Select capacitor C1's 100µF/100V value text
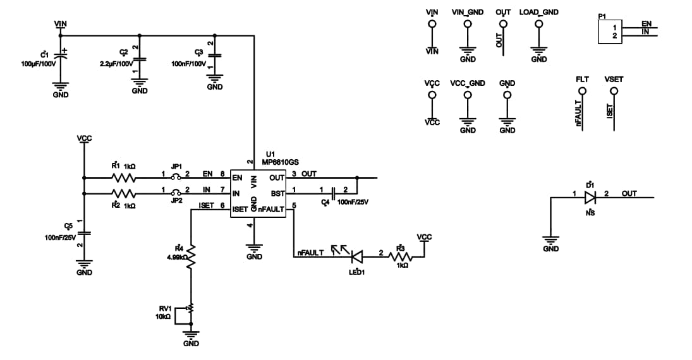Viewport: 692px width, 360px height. point(39,64)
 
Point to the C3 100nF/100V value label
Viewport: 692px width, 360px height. point(189,64)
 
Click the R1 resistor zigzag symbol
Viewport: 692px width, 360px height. point(124,177)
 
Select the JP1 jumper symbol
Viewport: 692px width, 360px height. point(177,177)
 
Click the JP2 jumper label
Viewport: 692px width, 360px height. point(177,200)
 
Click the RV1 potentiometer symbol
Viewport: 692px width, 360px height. point(190,308)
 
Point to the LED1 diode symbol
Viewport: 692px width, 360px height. point(356,256)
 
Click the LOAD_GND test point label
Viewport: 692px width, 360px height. point(538,12)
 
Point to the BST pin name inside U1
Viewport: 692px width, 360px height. point(278,193)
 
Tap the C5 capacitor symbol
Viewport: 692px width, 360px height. point(84,233)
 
